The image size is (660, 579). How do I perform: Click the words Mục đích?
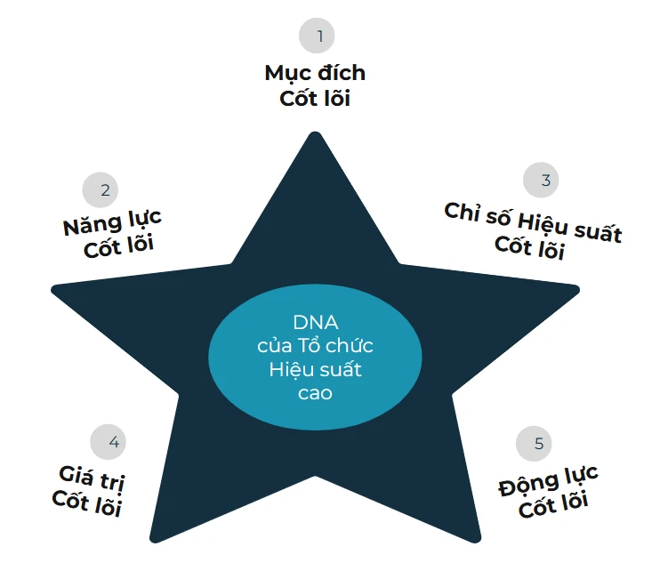click(315, 73)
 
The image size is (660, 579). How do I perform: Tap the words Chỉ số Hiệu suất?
click(533, 222)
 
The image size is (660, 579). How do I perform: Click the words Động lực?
click(548, 481)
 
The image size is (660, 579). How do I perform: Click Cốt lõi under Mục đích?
click(315, 99)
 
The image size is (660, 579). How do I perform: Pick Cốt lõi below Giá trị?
click(86, 504)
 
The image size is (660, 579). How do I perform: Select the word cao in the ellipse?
click(315, 392)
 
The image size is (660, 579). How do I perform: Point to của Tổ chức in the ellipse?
click(315, 345)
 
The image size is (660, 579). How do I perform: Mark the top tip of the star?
click(314, 136)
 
